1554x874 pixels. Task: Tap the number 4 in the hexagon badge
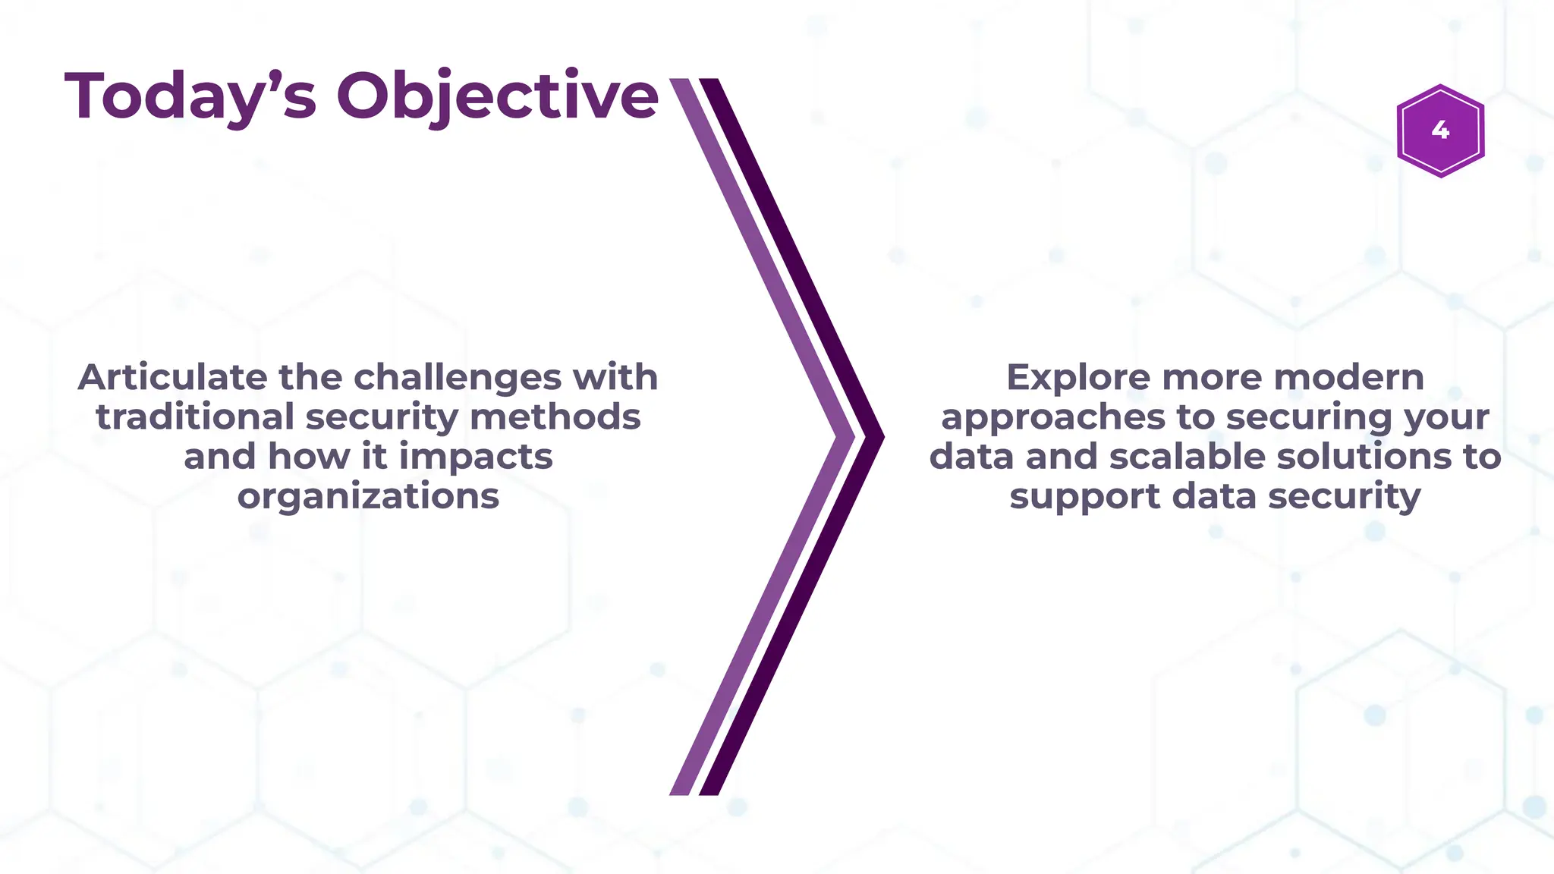coord(1440,130)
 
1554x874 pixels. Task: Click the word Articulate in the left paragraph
coord(172,378)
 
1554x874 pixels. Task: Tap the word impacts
coord(476,457)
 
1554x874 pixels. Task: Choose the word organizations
coord(368,497)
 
